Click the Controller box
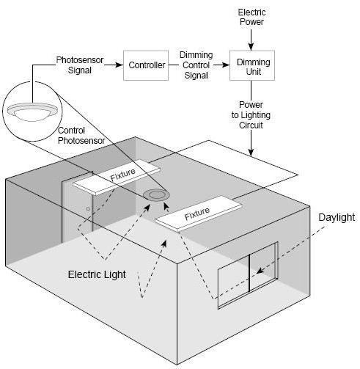point(146,65)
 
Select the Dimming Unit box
point(252,65)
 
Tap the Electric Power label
point(251,17)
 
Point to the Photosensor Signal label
point(80,65)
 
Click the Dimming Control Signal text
point(196,65)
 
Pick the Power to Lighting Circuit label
point(251,115)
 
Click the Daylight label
point(337,217)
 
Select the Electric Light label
point(97,274)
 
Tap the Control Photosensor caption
point(81,136)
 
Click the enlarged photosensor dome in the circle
point(32,112)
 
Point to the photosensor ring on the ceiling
point(156,195)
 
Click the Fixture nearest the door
point(117,177)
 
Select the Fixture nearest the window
point(199,213)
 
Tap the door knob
point(88,209)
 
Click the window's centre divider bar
point(249,273)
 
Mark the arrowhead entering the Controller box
point(120,65)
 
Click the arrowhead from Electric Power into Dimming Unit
point(251,47)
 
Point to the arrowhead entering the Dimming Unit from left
point(226,65)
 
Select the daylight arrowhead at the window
point(260,271)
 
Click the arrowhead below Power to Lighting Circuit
point(251,152)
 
